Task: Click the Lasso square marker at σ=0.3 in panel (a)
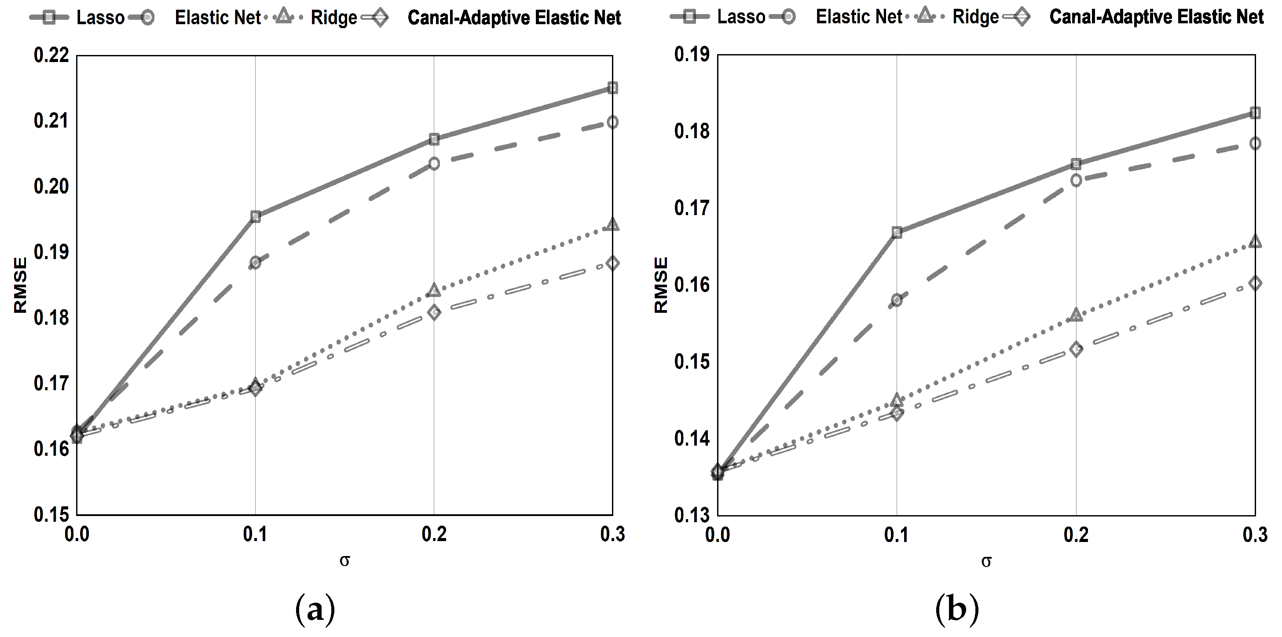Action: pyautogui.click(x=613, y=88)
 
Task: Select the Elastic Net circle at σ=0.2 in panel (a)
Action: pyautogui.click(x=434, y=163)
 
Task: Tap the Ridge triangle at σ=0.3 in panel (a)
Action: pyautogui.click(x=613, y=225)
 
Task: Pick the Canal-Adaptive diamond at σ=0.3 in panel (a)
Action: pyautogui.click(x=613, y=263)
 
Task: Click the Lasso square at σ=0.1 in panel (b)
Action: pyautogui.click(x=897, y=232)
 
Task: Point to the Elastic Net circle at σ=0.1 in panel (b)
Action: pyautogui.click(x=897, y=300)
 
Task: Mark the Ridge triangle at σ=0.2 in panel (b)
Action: pyautogui.click(x=1076, y=315)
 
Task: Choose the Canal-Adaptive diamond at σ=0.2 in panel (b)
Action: pyautogui.click(x=1076, y=349)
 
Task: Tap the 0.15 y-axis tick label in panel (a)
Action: pyautogui.click(x=51, y=515)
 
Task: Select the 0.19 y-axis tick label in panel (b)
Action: pyautogui.click(x=692, y=54)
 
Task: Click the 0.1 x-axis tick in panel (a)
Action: pyautogui.click(x=255, y=534)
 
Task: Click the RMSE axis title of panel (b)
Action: pyautogui.click(x=661, y=285)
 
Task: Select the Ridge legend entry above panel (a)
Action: pyautogui.click(x=333, y=18)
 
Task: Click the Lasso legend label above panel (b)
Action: pyautogui.click(x=740, y=17)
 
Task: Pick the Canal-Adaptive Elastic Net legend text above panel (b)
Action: pyautogui.click(x=1156, y=17)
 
